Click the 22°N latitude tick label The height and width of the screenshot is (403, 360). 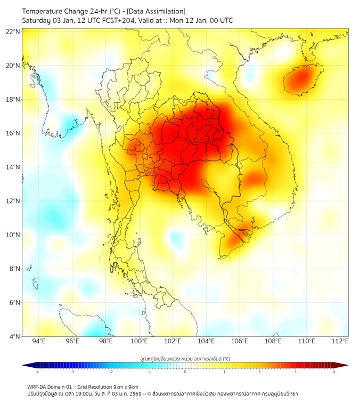point(13,31)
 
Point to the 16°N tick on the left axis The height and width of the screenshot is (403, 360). point(13,133)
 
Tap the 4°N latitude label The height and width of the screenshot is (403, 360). point(14,336)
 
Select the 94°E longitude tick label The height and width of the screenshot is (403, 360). point(39,341)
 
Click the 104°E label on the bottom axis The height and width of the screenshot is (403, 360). point(206,341)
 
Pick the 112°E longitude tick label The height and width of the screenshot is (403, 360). point(340,341)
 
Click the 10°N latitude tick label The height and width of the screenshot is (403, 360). point(13,235)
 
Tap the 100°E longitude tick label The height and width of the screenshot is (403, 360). point(139,341)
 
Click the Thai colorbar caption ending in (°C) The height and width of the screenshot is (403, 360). point(185,358)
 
